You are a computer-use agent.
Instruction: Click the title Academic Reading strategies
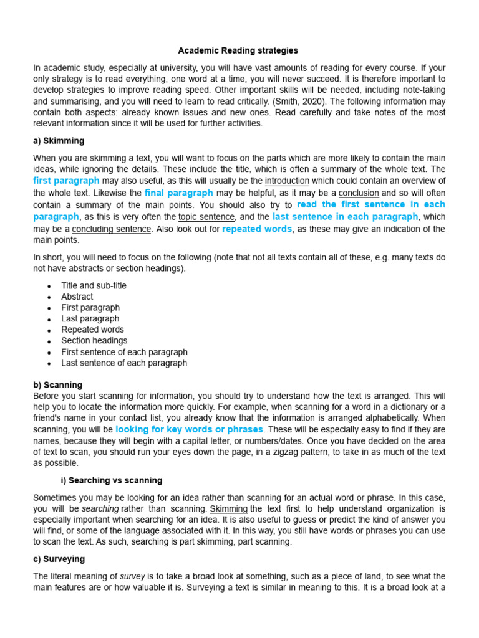click(238, 50)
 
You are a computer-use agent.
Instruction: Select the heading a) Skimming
click(59, 141)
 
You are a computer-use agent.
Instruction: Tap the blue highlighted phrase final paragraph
click(179, 193)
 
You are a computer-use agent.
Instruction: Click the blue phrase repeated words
click(257, 229)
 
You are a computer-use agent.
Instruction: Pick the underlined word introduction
click(287, 181)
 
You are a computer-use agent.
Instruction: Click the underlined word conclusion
click(359, 193)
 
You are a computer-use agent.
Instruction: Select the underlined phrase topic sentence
click(206, 217)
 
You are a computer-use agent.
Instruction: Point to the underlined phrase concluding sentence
click(112, 229)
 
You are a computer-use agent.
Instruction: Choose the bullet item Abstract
click(77, 297)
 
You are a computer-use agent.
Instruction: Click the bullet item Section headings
click(94, 341)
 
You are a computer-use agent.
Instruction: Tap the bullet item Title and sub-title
click(94, 285)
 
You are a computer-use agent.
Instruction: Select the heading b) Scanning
click(57, 385)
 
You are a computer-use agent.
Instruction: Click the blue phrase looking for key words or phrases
click(190, 429)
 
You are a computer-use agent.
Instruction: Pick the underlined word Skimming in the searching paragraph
click(228, 508)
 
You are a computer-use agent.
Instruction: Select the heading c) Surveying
click(59, 559)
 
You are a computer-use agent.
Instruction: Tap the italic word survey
click(150, 576)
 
